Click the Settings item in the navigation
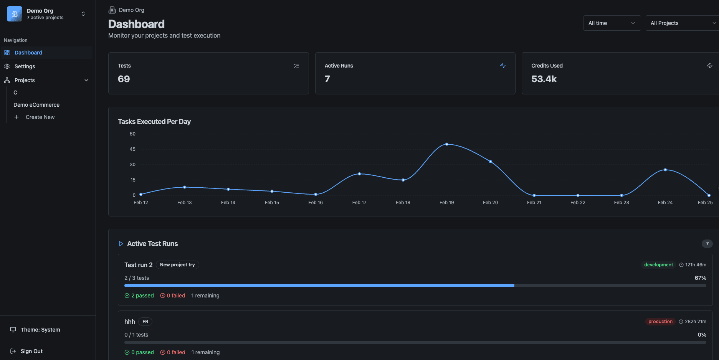coord(25,66)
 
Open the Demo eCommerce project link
coord(36,105)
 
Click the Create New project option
coord(40,117)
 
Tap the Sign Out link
coord(31,351)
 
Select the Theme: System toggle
coord(40,330)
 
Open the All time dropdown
coord(612,23)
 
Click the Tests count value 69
coord(124,79)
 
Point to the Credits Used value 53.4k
coord(544,79)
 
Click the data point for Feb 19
coord(447,144)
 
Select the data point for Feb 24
coord(665,170)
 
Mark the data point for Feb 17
coord(359,174)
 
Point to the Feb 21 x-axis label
coord(534,203)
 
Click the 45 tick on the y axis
coord(132,149)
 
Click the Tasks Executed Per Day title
coord(154,122)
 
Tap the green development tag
coord(658,265)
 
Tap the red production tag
coord(660,322)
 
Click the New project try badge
coord(177,265)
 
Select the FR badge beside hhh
coord(145,322)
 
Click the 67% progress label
coord(700,278)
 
